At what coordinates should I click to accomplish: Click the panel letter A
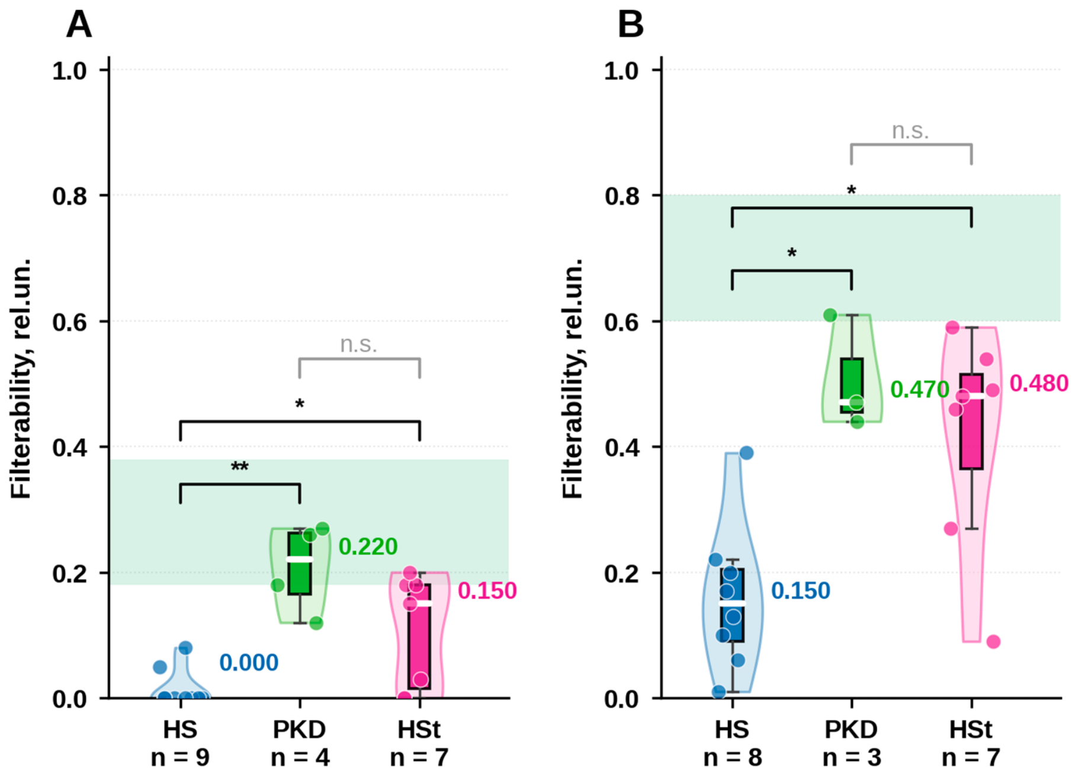click(79, 25)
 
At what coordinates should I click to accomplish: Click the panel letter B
click(630, 25)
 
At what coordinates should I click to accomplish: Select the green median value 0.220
click(368, 546)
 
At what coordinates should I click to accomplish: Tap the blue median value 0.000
click(249, 663)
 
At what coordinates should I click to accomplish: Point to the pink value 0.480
click(1039, 384)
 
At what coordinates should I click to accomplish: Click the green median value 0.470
click(920, 390)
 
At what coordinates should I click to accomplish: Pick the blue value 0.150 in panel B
click(801, 590)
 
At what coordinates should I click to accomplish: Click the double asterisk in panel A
click(240, 467)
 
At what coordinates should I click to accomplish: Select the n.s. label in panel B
click(910, 131)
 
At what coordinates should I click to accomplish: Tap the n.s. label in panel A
click(358, 345)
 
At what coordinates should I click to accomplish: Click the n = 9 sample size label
click(180, 757)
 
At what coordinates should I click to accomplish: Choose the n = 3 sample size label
click(852, 757)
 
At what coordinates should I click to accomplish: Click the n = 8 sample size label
click(732, 757)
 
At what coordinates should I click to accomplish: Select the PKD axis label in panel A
click(299, 729)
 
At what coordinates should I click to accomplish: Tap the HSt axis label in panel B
click(971, 729)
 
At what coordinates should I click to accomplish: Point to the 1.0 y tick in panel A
click(70, 71)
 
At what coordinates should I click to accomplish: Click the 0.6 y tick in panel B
click(622, 322)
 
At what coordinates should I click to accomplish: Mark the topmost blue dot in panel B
click(746, 453)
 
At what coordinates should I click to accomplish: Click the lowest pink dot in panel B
click(993, 641)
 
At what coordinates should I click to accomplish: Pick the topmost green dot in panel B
click(830, 315)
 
